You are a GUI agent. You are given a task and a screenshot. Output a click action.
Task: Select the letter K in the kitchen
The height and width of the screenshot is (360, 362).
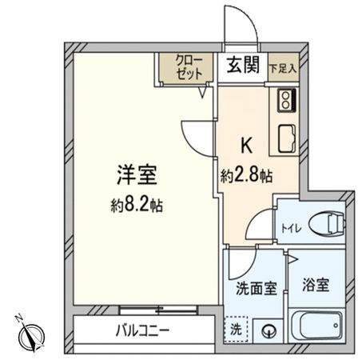coord(248,147)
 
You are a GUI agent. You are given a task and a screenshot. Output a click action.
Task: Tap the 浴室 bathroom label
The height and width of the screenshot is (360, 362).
coord(316,284)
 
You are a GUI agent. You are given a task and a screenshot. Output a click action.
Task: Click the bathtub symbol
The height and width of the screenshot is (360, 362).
coord(318,326)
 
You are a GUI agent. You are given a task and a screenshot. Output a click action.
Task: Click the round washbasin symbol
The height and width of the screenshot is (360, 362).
coord(268,329)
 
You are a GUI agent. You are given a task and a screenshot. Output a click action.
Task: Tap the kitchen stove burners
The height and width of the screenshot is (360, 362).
coord(286,102)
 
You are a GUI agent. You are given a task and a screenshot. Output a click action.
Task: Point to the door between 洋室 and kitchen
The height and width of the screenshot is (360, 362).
coord(200,136)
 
